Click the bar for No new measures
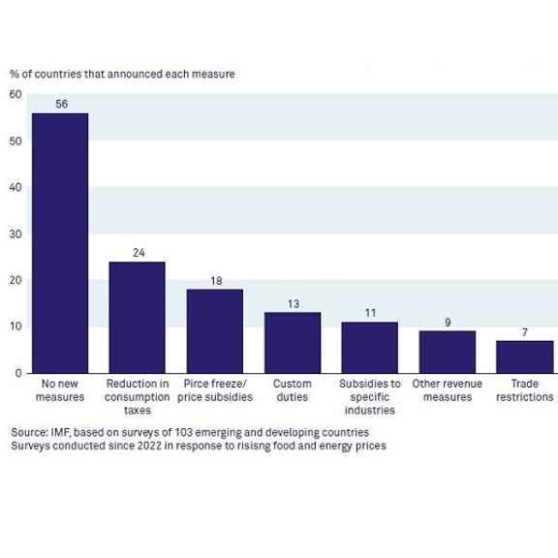[60, 243]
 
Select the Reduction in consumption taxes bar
[137, 318]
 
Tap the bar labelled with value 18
[215, 331]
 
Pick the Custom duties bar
[293, 343]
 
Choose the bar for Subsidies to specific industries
[370, 348]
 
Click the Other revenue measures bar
[448, 352]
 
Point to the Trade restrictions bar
[525, 356]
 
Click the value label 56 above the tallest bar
[62, 104]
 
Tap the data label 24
[139, 253]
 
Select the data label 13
[294, 304]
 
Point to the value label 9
[448, 323]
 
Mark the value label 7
[524, 332]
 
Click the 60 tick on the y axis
[15, 94]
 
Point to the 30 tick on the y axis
[15, 234]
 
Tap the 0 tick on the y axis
[18, 373]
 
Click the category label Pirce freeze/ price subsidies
[215, 390]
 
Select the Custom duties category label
[293, 390]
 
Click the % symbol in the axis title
[15, 75]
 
